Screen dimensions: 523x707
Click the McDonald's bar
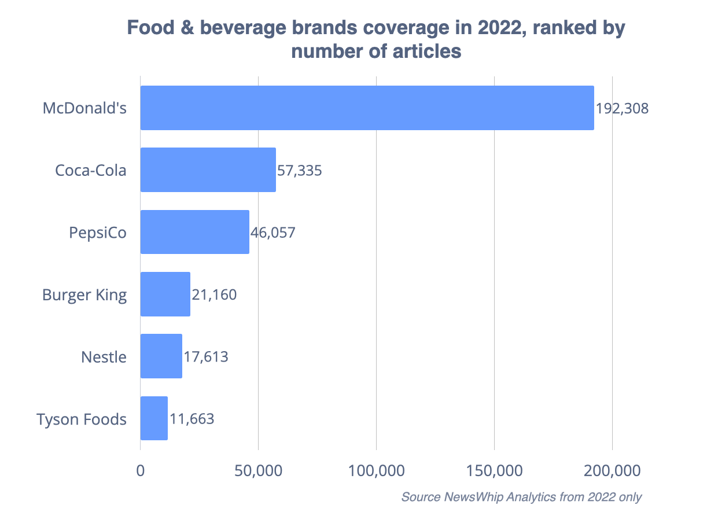[367, 108]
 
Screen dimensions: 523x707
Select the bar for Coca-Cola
[208, 170]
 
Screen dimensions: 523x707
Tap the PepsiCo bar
[194, 232]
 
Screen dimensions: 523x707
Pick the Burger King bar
[165, 294]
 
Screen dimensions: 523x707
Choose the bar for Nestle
[161, 356]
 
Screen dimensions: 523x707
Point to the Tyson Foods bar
[154, 418]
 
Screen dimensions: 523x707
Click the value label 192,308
[622, 108]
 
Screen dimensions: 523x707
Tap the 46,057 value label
[273, 233]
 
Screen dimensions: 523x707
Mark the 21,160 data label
[214, 294]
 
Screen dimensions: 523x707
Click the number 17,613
[205, 357]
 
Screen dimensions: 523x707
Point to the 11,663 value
[192, 419]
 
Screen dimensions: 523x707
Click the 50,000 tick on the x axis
[258, 471]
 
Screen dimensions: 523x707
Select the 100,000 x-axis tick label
[376, 471]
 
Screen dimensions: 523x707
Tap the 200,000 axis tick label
[612, 471]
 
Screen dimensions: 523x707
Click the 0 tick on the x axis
[141, 471]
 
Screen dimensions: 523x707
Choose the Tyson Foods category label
[82, 419]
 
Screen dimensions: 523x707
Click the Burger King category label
[84, 294]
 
